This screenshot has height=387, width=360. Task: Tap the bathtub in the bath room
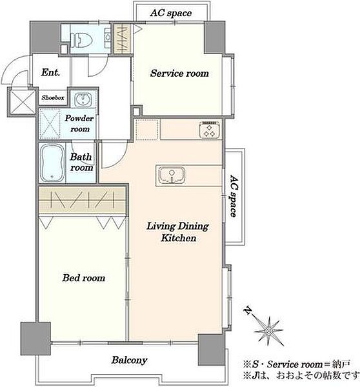pyautogui.click(x=52, y=163)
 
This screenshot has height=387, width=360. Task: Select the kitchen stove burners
pyautogui.click(x=210, y=130)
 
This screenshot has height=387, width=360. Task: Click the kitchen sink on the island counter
pyautogui.click(x=172, y=175)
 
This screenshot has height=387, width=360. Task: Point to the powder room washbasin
pyautogui.click(x=83, y=99)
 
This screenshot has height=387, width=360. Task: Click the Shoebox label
pyautogui.click(x=53, y=98)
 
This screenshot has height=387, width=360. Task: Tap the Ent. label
pyautogui.click(x=50, y=72)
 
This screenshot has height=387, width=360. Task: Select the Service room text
pyautogui.click(x=179, y=74)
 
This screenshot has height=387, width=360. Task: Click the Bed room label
pyautogui.click(x=84, y=278)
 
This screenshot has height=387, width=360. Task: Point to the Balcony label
pyautogui.click(x=129, y=360)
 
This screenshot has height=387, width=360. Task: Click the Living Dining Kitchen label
pyautogui.click(x=178, y=232)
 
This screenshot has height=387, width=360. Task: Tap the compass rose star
pyautogui.click(x=268, y=331)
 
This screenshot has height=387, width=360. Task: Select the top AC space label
pyautogui.click(x=171, y=13)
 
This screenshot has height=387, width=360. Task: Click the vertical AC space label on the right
pyautogui.click(x=234, y=195)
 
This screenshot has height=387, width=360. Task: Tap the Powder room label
pyautogui.click(x=79, y=123)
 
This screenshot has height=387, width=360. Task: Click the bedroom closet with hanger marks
pyautogui.click(x=82, y=200)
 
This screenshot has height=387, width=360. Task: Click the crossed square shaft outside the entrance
pyautogui.click(x=22, y=102)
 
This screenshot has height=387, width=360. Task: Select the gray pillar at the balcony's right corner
pyautogui.click(x=212, y=350)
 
